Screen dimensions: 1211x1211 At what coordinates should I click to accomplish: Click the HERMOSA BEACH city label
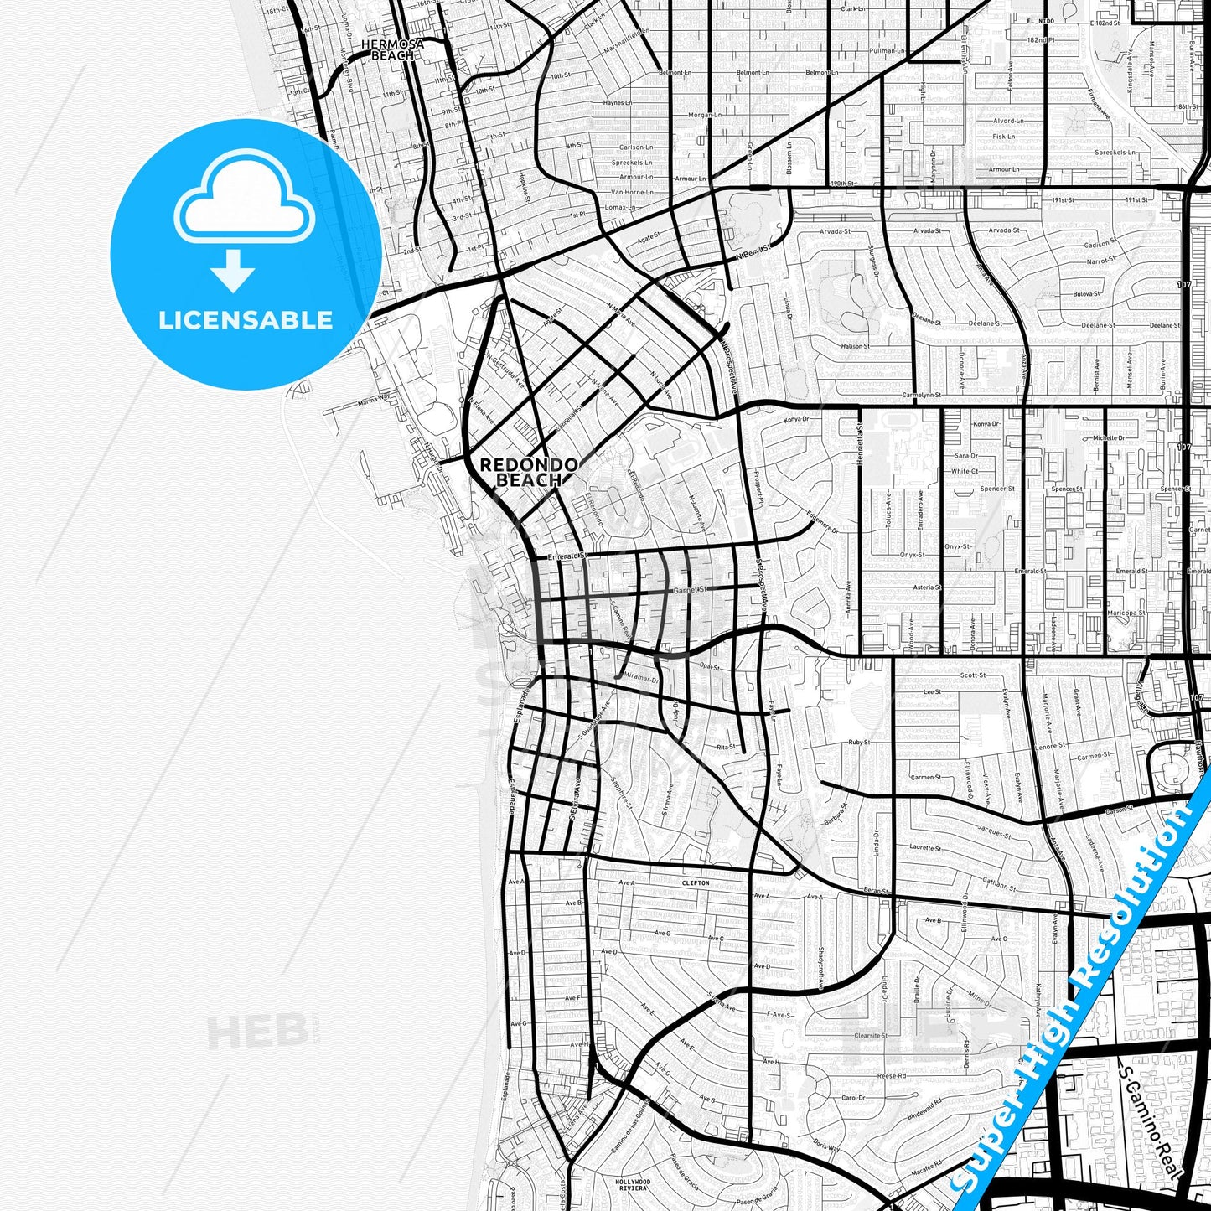click(x=392, y=49)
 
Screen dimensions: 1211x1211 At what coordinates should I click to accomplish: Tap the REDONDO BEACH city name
click(x=528, y=473)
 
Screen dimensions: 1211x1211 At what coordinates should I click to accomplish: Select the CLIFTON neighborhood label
click(x=696, y=882)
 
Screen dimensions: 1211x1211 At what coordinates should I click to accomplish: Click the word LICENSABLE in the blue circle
click(x=246, y=320)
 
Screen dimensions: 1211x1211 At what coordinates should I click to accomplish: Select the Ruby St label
click(x=859, y=743)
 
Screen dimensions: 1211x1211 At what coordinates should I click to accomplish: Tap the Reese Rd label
click(x=891, y=1075)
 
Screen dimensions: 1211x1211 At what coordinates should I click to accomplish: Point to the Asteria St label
click(x=927, y=587)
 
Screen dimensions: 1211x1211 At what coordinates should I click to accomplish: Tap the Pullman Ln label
click(x=888, y=51)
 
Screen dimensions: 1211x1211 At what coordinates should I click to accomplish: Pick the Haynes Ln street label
click(x=618, y=103)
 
